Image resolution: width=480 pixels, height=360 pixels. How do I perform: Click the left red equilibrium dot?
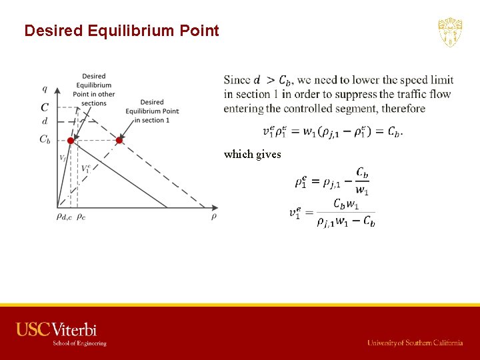pos(70,141)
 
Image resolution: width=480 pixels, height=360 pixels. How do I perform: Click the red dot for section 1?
pos(119,141)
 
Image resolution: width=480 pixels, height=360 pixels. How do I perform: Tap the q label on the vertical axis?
pos(45,89)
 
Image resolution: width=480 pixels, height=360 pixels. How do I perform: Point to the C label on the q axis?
pos(45,107)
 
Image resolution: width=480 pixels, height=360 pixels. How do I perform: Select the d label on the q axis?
pos(45,121)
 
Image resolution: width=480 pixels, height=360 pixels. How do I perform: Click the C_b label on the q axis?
pos(45,139)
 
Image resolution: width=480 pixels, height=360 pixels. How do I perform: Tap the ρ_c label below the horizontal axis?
pos(81,216)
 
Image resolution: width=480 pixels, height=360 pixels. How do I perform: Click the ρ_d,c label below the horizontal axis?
pos(64,216)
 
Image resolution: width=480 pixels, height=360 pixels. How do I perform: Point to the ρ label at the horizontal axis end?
pos(214,216)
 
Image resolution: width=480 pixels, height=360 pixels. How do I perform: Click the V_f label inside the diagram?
pos(63,158)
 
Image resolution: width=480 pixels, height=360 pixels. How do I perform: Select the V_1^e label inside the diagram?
pos(86,169)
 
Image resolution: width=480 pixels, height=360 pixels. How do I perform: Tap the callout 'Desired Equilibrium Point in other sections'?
pos(94,89)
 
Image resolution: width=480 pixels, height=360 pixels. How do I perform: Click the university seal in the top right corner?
pos(450,32)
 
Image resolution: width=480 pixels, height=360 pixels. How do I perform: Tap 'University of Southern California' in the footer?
pos(415,343)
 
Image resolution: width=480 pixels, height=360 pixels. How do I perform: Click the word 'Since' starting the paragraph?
pos(237,80)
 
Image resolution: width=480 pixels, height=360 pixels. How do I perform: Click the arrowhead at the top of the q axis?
pos(58,89)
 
